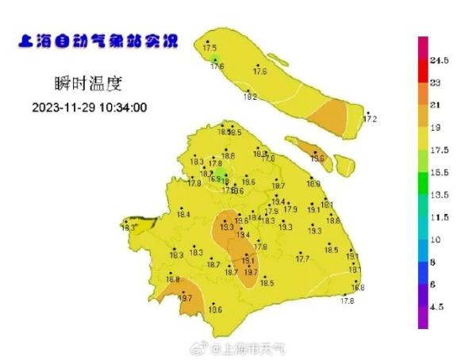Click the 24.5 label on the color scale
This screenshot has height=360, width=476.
pos(440,60)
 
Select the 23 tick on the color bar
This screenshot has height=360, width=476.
pos(436,82)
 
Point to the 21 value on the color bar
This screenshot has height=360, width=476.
pos(436,105)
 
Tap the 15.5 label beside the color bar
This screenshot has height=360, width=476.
pos(440,172)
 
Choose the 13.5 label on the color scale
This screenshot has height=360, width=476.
pos(440,194)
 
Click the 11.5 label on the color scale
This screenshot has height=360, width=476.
pos(440,216)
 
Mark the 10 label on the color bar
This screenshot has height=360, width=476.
pos(436,239)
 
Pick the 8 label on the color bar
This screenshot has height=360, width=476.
pos(433,261)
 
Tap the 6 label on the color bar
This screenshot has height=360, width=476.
pos(433,283)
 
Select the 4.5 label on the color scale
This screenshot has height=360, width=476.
pos(438,305)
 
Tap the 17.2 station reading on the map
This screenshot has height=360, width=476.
pos(370,120)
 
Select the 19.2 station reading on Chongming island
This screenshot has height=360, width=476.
pos(250,97)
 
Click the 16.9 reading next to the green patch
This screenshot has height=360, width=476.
pos(215,179)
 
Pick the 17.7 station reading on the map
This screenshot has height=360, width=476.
pos(302,259)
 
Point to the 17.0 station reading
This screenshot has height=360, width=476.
pos(268,159)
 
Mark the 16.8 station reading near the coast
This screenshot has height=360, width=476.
pos(358,287)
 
